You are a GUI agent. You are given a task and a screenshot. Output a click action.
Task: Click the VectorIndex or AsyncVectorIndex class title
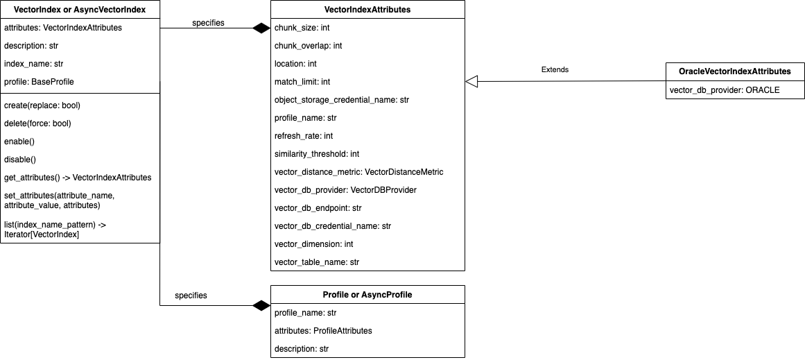tap(80, 10)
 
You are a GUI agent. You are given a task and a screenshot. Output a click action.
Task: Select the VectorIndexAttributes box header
tap(367, 10)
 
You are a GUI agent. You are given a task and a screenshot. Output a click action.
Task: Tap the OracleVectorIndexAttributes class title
tap(735, 71)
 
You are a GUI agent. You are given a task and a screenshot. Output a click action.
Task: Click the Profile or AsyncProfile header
tap(367, 295)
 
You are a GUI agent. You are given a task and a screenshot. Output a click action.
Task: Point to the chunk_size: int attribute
tap(302, 28)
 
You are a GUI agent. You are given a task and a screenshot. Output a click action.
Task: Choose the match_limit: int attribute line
tap(302, 82)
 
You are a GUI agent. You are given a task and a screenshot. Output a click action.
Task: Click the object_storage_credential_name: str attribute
tap(342, 100)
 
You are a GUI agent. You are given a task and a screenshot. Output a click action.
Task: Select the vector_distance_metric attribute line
tap(358, 172)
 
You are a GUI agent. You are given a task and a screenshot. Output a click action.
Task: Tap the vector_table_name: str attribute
tap(317, 262)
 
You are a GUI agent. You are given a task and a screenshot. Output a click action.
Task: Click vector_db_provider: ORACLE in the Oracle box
tap(725, 90)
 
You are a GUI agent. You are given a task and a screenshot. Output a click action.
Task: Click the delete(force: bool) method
tap(37, 123)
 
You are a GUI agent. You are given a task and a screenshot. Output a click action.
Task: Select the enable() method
tap(19, 142)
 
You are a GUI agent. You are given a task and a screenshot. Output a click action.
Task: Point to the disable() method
tap(20, 160)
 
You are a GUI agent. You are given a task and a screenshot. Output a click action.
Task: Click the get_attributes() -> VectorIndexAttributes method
tap(78, 178)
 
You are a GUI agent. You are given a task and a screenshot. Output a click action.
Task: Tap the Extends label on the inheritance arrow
tap(555, 70)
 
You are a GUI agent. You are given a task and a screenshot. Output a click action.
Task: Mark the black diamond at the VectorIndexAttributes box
tap(261, 28)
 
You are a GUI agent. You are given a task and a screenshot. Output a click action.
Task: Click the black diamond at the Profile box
tap(261, 305)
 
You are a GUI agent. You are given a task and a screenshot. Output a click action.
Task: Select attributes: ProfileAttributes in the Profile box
tap(323, 331)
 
